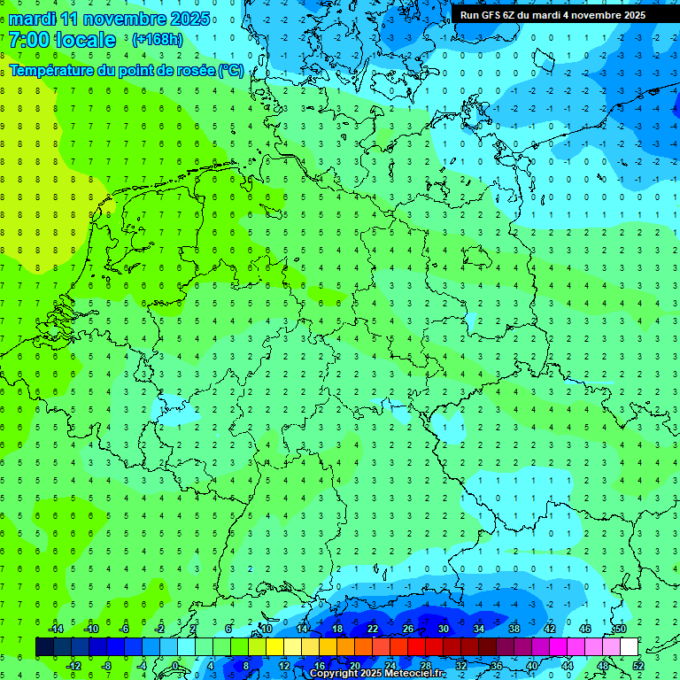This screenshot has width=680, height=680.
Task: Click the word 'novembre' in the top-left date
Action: pos(130,19)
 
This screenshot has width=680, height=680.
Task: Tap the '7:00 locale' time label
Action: pos(62,40)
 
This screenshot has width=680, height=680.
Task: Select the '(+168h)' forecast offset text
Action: pos(157,40)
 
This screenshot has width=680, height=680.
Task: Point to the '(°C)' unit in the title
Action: pos(230,70)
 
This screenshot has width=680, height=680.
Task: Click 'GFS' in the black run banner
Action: pos(491,15)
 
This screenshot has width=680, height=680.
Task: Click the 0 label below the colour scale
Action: pos(176,666)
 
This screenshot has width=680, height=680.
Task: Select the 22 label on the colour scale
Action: pos(373,629)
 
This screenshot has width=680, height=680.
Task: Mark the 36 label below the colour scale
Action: pos(497,666)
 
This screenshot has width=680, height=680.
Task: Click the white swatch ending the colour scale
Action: pos(630,647)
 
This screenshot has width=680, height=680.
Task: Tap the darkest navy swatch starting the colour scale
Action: pos(44,647)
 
